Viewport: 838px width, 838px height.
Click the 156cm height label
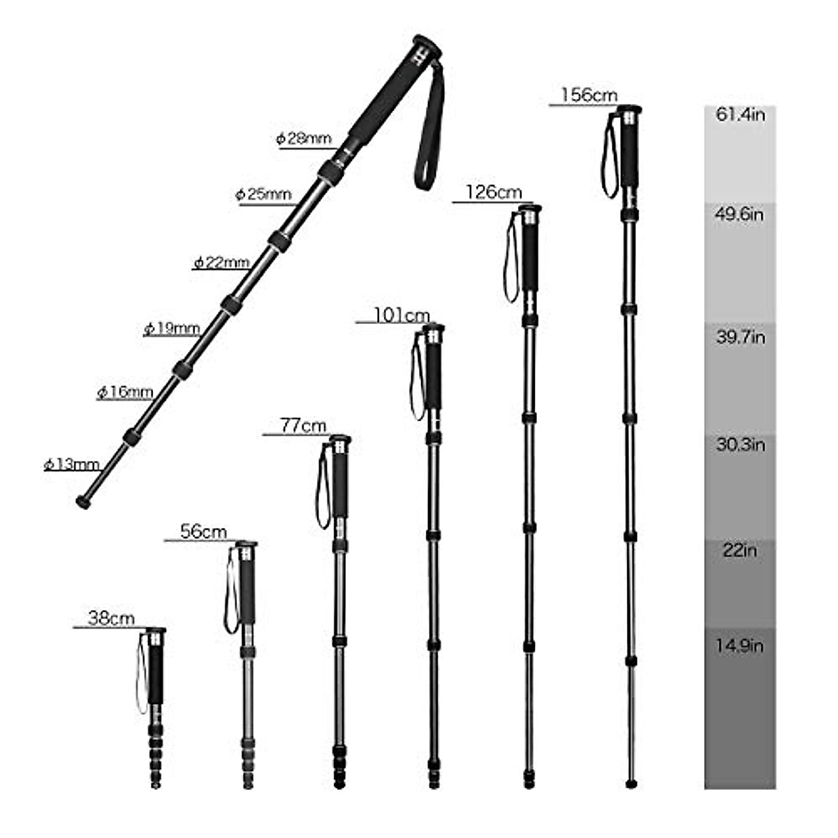(x=589, y=95)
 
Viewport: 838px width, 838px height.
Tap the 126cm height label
(x=494, y=192)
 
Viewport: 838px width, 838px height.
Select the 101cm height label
(x=402, y=315)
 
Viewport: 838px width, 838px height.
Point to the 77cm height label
(x=303, y=425)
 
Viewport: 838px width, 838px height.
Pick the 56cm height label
(x=204, y=531)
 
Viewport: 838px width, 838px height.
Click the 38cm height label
(x=112, y=618)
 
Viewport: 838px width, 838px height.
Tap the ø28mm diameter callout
(x=304, y=138)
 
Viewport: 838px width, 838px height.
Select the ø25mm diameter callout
(x=263, y=194)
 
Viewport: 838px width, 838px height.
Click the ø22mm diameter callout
(x=221, y=263)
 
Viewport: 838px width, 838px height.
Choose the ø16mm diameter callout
(x=125, y=392)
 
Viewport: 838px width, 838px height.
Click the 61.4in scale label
(x=740, y=115)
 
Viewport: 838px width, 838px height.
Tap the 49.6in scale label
(x=740, y=214)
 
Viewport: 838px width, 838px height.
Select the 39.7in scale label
(x=740, y=338)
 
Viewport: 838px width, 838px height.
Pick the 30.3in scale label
(x=740, y=445)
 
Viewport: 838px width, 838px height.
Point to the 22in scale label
(x=740, y=551)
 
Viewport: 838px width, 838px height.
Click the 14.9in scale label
(x=740, y=646)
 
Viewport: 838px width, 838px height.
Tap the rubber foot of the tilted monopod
(x=83, y=501)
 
